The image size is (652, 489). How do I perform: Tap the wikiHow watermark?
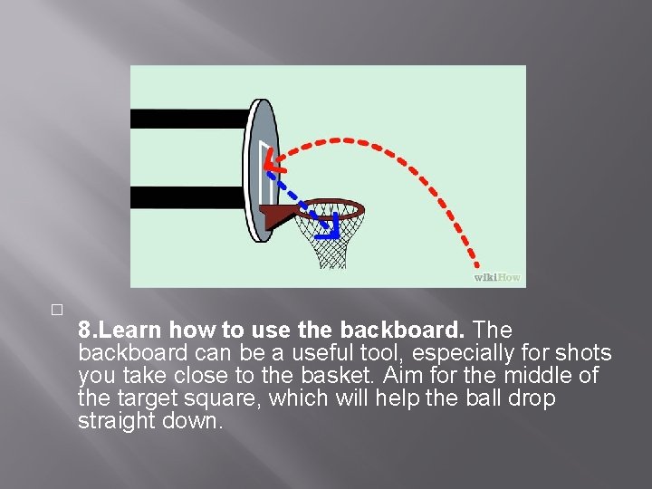click(497, 277)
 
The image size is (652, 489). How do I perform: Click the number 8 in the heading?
click(84, 330)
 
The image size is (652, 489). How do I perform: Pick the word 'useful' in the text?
click(349, 352)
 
